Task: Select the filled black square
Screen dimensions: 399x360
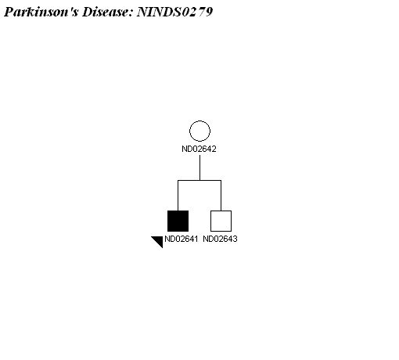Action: pos(178,221)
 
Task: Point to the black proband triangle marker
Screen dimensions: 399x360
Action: pos(159,240)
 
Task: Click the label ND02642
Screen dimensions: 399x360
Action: pos(199,149)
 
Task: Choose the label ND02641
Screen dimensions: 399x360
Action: pos(182,239)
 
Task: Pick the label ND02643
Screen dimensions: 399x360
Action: pos(220,239)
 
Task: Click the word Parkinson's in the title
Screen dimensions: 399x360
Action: pos(41,12)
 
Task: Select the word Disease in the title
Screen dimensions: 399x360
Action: pos(107,12)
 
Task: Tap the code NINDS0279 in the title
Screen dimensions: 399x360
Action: pos(174,12)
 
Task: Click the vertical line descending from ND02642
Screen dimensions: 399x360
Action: pos(199,167)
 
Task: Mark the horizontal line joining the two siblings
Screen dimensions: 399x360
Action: pos(199,180)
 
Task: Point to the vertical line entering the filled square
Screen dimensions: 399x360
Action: pos(178,196)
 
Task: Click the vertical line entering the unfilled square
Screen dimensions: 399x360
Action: pos(221,196)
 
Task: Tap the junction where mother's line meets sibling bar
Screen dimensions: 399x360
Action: pos(199,180)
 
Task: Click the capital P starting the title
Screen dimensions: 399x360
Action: pos(9,12)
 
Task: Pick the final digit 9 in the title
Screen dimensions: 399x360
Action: pos(209,12)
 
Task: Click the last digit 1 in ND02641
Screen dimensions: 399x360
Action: pos(196,239)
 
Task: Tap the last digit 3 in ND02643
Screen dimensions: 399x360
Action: pos(235,239)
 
